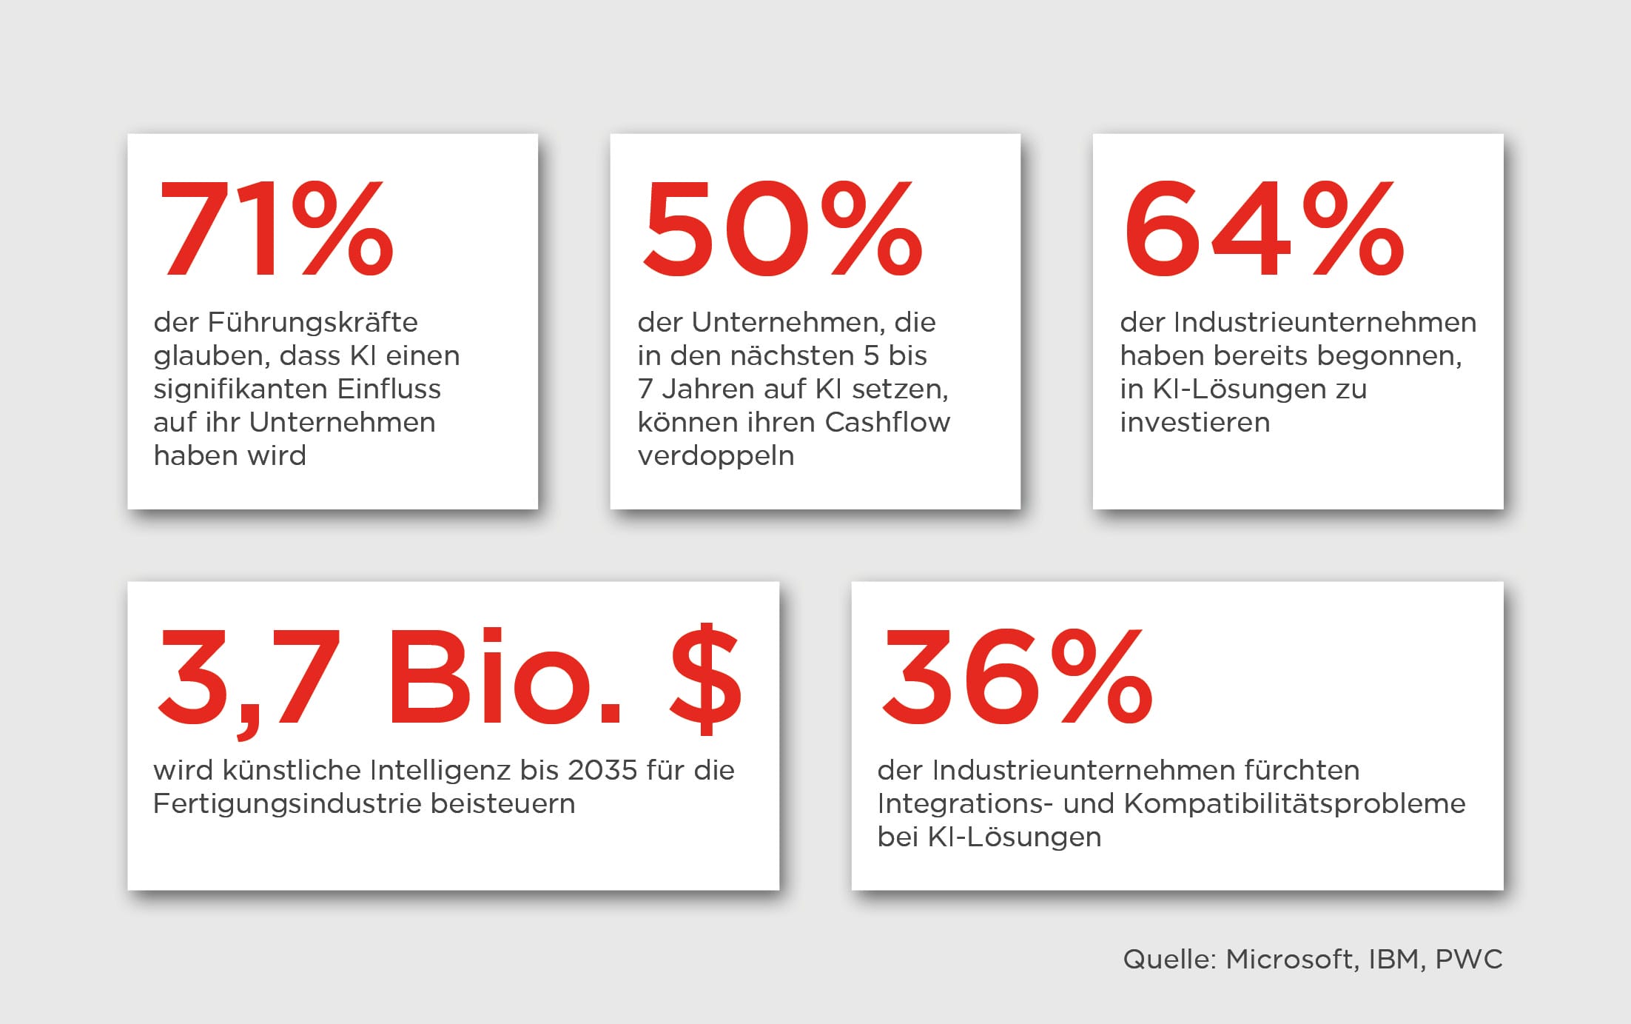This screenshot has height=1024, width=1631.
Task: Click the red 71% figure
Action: [274, 228]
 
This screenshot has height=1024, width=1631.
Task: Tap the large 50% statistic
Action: [781, 228]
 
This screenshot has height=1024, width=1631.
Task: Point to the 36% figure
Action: [1016, 675]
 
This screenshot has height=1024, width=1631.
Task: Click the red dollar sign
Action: [705, 677]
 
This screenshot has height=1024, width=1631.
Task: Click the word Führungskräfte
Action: [312, 323]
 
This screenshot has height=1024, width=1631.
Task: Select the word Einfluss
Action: [389, 389]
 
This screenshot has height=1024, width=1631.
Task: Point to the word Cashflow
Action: [887, 422]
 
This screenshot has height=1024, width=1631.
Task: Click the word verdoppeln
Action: [716, 456]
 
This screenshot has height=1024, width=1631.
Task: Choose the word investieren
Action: [1194, 422]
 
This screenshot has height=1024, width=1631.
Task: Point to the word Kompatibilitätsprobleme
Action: [1294, 804]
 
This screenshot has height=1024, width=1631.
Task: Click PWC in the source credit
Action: [1468, 960]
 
